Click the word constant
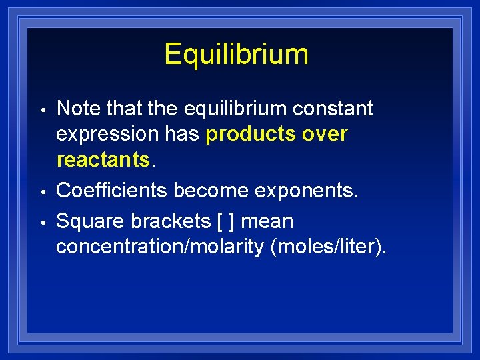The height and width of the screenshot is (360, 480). (333, 108)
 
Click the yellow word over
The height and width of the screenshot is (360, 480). (325, 134)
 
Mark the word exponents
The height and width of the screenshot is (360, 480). (309, 191)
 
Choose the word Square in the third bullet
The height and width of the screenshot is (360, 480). (87, 221)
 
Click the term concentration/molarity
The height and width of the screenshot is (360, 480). (160, 247)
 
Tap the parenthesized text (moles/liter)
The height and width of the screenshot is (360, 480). (327, 247)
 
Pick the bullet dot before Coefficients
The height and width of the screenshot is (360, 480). (42, 192)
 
